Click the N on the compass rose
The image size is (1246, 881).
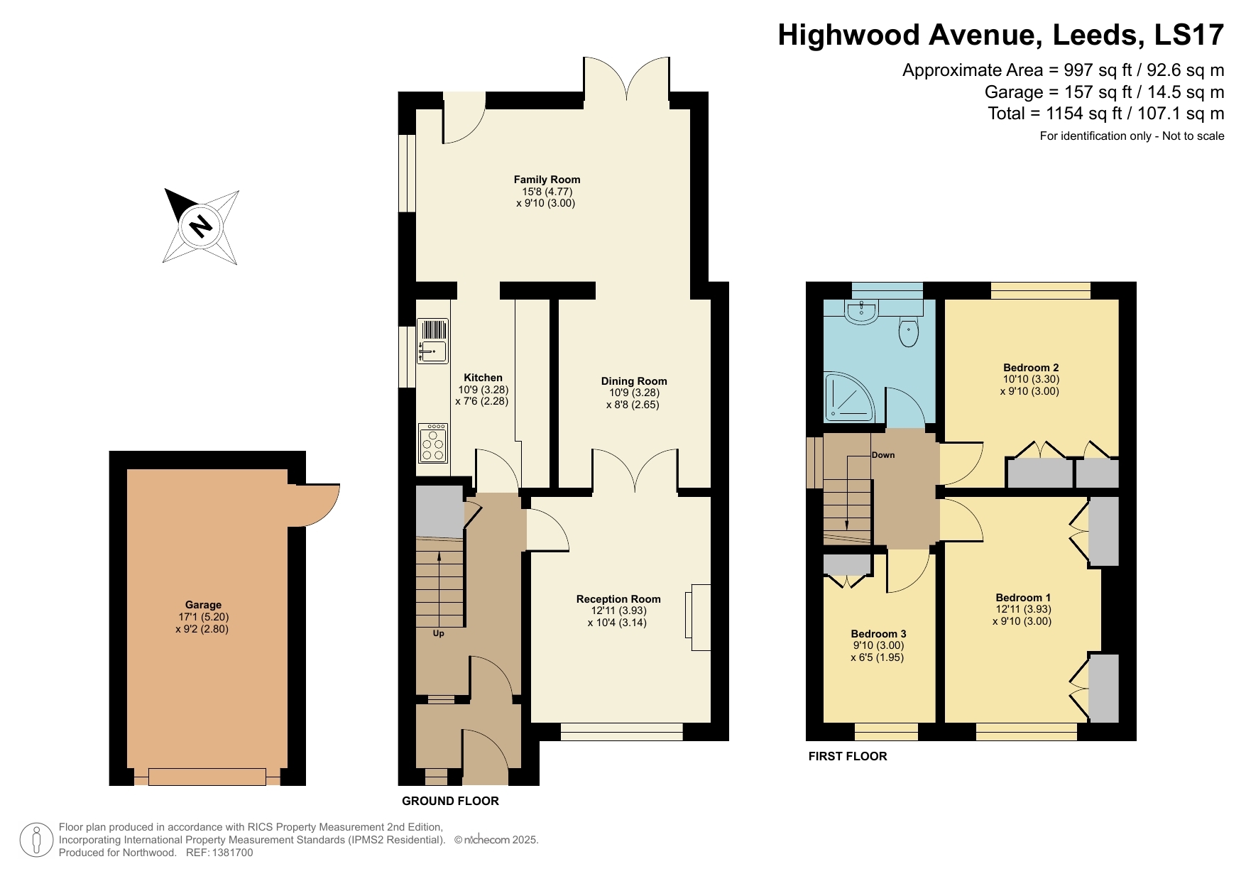tap(201, 226)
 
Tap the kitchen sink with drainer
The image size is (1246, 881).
tap(432, 341)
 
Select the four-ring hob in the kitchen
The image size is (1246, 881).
tap(432, 444)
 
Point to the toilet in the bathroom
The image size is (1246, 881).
tap(908, 332)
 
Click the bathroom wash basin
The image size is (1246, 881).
tap(861, 311)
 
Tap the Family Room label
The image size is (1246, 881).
tap(547, 180)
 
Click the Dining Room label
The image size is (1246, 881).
tap(633, 381)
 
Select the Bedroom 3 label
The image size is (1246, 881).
tap(878, 634)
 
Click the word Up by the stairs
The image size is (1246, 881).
tap(439, 633)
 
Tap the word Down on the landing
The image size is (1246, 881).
tap(883, 455)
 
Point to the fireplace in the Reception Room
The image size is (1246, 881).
tap(699, 617)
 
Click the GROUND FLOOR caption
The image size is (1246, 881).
tap(450, 801)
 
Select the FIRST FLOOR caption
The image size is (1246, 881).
tap(847, 757)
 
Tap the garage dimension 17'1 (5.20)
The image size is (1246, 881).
tap(203, 617)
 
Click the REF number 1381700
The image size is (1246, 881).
tap(229, 853)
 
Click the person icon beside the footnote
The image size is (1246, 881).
tap(36, 840)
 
